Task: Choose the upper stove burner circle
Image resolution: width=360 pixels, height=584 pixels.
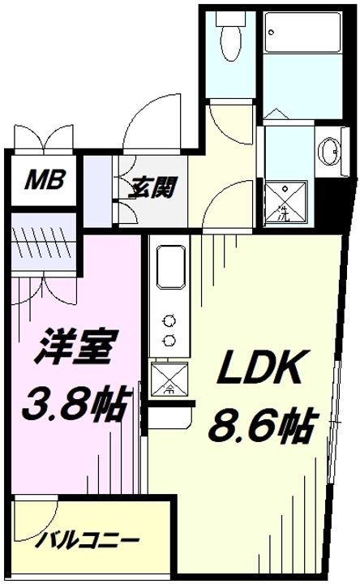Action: coord(169,319)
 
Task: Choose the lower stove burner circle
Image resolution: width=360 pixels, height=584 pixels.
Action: coord(169,339)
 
